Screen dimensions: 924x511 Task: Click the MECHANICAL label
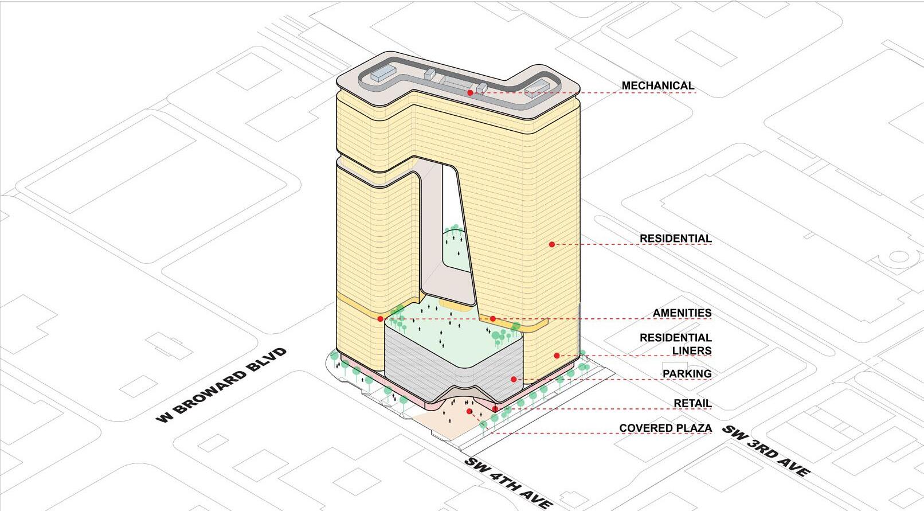pos(657,85)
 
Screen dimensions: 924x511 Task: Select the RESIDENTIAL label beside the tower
pos(675,238)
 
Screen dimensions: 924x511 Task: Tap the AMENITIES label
pos(682,313)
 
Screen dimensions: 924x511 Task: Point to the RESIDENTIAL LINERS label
pos(675,344)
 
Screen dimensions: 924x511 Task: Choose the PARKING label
pos(687,373)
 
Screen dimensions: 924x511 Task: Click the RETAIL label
pos(692,403)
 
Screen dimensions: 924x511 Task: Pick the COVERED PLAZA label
pos(665,428)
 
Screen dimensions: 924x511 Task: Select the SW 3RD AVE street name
pos(766,451)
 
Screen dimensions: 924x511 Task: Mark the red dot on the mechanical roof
pos(470,92)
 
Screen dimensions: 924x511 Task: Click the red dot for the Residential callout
pos(552,244)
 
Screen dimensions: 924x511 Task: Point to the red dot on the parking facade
pos(514,379)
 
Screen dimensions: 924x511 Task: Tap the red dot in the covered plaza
pos(469,411)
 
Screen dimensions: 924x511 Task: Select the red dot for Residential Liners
pos(557,356)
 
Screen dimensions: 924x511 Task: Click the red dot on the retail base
pos(495,409)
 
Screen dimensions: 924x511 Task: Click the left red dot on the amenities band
pos(381,318)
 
